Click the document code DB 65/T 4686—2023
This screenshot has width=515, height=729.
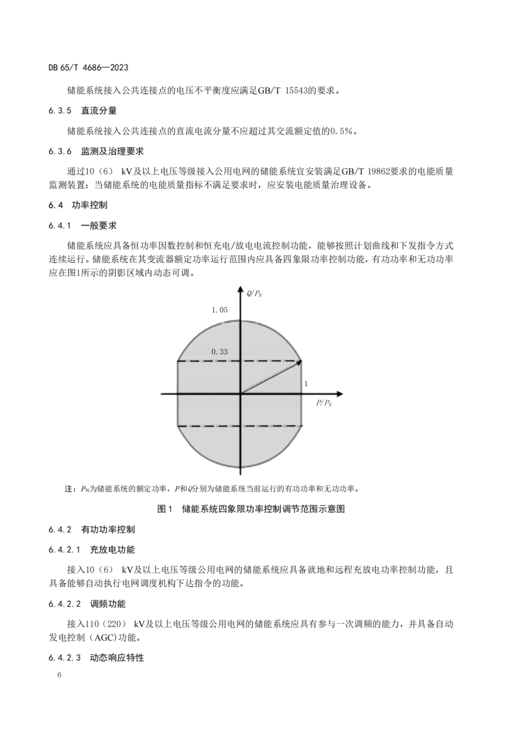pos(88,68)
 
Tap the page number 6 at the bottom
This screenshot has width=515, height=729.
pos(59,675)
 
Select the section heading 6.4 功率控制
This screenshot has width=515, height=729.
pos(78,205)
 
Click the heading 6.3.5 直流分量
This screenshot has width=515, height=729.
pos(82,111)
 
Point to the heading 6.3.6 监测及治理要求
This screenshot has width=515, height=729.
pos(96,151)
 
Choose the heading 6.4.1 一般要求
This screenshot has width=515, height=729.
pos(82,226)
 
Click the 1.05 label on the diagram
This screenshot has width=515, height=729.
pos(219,310)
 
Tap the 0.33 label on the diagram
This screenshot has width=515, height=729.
pos(219,352)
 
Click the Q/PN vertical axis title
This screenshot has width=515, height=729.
pos(255,293)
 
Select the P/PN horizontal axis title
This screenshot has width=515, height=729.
pos(324,403)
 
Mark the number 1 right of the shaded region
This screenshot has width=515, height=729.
pos(306,384)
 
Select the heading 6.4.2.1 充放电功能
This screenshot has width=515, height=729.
pos(92,550)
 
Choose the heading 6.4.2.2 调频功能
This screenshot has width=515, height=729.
pos(87,604)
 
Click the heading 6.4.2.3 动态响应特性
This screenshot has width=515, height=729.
pos(96,658)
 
